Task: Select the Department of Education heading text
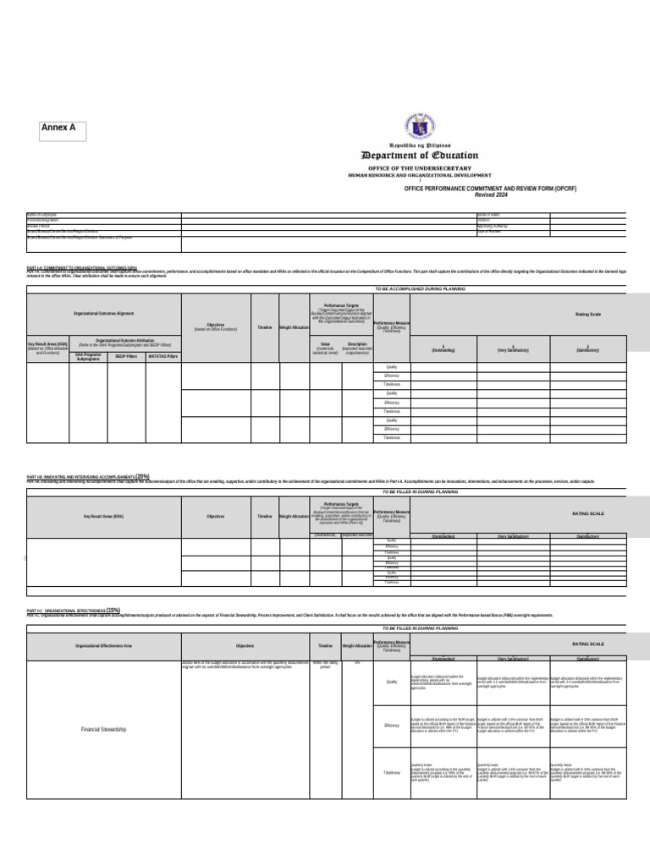click(420, 156)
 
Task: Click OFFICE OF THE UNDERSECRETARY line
click(420, 168)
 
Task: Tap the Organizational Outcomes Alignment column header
click(103, 315)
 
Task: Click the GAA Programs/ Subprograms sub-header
click(88, 357)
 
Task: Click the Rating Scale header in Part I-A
click(588, 315)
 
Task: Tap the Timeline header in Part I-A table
click(264, 326)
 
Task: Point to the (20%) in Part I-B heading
click(142, 477)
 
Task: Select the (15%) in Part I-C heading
click(113, 610)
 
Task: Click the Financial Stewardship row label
click(103, 729)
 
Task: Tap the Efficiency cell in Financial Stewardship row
click(392, 725)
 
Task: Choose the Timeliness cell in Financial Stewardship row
click(392, 772)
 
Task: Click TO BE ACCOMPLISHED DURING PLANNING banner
click(420, 289)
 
